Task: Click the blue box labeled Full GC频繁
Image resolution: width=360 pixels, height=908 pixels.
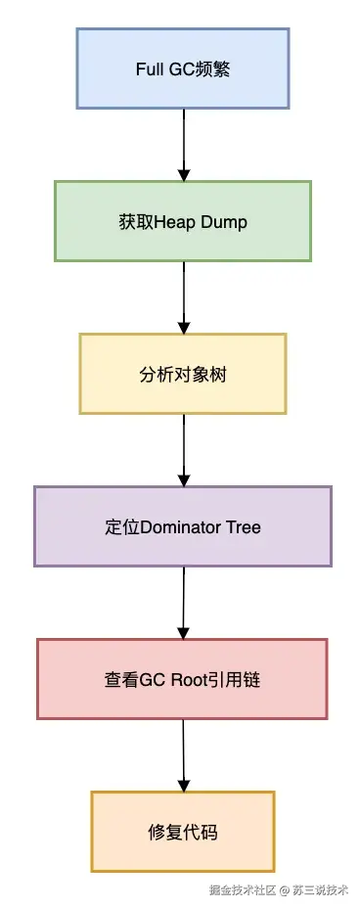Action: tap(183, 68)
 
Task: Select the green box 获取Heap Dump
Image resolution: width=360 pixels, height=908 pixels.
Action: tap(183, 221)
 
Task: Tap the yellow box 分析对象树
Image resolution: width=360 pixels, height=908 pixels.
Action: tap(183, 374)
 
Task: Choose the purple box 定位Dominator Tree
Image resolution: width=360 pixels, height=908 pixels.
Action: tap(183, 526)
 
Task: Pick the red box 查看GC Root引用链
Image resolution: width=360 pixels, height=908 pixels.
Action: tap(183, 679)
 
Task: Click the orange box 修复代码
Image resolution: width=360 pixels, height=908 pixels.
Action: tap(183, 832)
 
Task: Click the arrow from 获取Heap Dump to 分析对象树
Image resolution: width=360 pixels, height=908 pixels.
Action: tap(183, 296)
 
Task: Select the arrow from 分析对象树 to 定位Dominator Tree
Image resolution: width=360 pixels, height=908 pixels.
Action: tap(183, 449)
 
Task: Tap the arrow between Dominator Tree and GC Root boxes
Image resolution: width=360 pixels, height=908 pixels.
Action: tap(183, 602)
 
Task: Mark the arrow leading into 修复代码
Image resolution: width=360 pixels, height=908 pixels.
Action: tap(183, 754)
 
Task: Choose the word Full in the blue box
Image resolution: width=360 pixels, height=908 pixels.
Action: tap(150, 69)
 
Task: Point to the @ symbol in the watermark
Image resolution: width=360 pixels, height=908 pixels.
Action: tap(285, 890)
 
